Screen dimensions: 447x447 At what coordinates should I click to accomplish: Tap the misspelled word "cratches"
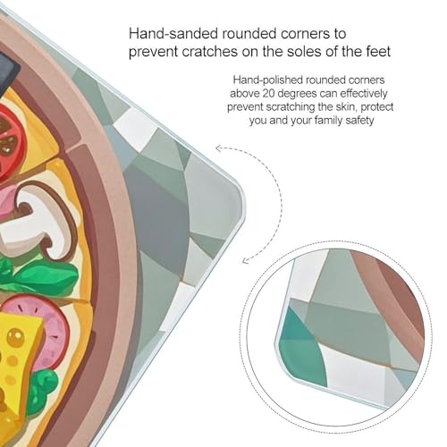(x=210, y=52)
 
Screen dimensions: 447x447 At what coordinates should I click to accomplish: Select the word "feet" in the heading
(x=378, y=52)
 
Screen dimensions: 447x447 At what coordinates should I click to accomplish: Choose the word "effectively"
(x=364, y=94)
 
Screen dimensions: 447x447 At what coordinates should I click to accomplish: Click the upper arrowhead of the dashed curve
(x=218, y=148)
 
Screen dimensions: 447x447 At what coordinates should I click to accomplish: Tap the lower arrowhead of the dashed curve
(x=245, y=261)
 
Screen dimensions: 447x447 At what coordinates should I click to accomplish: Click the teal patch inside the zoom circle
(x=301, y=349)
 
